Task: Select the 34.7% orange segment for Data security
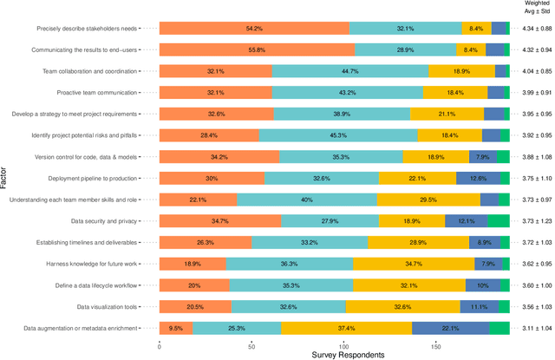(220, 221)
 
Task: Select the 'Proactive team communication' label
(96, 93)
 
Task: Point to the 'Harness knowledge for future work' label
(87, 264)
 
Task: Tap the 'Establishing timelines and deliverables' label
(81, 242)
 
